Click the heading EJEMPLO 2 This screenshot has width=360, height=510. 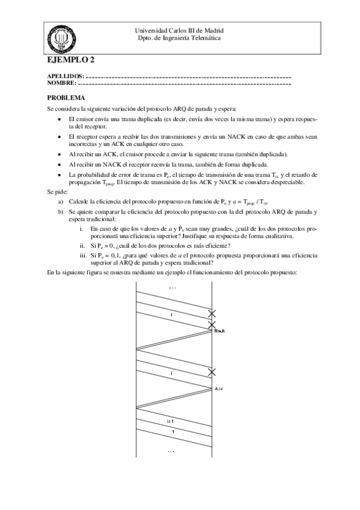(71, 60)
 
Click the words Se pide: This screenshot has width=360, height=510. (58, 191)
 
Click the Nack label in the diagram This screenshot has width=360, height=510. (219, 331)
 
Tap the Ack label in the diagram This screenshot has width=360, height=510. (219, 390)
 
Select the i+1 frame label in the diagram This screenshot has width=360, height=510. (171, 421)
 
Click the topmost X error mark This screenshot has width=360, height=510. (212, 313)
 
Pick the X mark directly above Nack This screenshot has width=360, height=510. (212, 325)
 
